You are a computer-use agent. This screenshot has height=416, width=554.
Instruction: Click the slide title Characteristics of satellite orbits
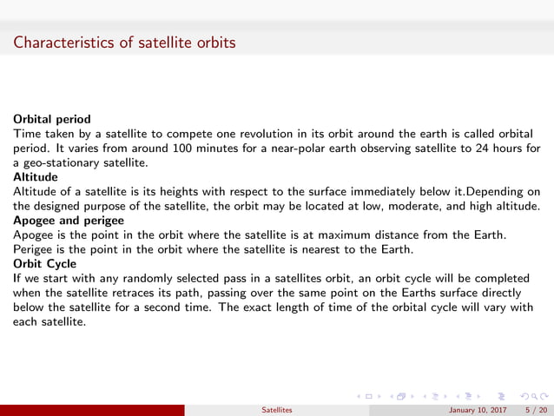point(124,41)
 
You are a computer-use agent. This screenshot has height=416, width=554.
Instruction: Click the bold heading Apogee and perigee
point(68,221)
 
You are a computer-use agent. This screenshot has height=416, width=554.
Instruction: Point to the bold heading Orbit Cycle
point(44,263)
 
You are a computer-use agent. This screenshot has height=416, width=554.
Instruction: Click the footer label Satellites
point(277,409)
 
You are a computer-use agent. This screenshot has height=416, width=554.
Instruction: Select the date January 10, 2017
point(478,409)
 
